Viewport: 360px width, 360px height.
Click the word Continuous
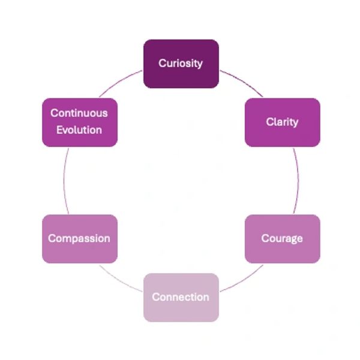79,113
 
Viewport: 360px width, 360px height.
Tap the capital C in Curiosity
162,63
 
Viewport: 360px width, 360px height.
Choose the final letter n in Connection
206,298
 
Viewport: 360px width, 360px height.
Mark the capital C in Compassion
52,238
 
